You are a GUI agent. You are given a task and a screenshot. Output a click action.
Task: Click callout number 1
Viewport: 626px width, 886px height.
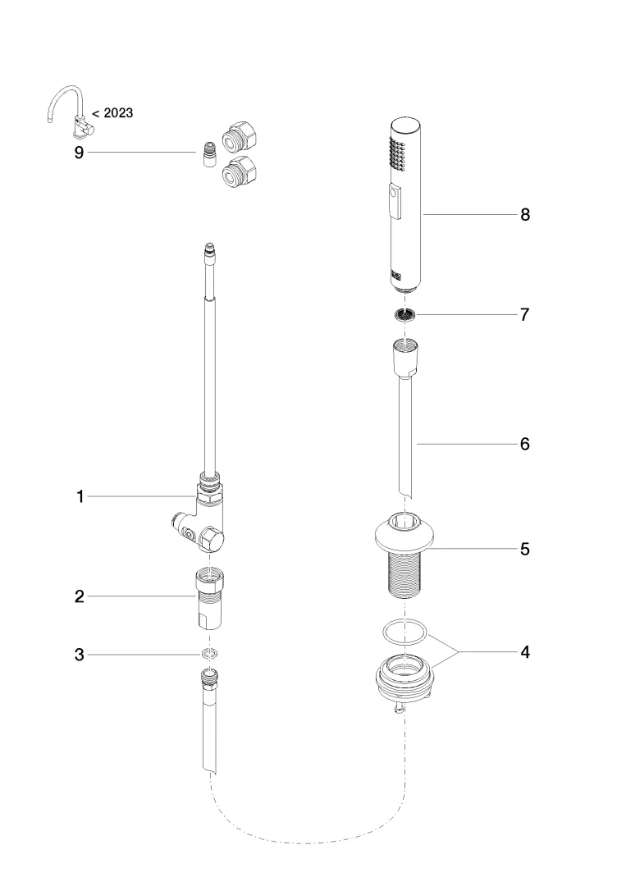[80, 496]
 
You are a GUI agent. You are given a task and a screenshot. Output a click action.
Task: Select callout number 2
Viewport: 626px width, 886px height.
[80, 596]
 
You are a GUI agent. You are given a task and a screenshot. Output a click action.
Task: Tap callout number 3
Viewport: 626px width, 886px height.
[80, 655]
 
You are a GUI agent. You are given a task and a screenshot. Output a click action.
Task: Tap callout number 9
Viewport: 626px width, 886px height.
[80, 153]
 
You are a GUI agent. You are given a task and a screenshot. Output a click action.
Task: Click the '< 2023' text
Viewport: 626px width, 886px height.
[112, 113]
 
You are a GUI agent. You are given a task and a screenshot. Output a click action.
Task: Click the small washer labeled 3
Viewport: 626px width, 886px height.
[210, 655]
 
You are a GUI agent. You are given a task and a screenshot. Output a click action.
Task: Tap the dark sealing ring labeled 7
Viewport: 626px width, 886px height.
[404, 314]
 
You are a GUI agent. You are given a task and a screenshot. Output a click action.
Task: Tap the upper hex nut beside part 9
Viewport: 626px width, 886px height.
[240, 134]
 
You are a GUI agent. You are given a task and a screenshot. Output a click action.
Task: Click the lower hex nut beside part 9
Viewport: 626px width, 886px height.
[240, 173]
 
